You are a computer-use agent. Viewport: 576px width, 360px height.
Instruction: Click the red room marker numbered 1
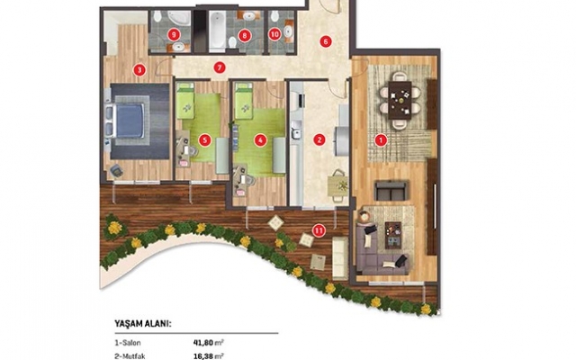[381, 140]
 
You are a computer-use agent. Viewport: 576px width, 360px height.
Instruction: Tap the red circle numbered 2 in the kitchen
[319, 139]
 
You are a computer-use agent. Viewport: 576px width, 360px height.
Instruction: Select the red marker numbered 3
[139, 70]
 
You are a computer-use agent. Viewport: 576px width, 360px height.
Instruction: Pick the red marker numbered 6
[326, 41]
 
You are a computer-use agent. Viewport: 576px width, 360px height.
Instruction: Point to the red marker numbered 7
[220, 68]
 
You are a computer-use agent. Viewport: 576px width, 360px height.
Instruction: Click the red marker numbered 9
[174, 35]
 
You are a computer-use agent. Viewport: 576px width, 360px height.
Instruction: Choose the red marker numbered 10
[274, 34]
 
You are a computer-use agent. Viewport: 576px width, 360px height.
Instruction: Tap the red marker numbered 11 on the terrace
[319, 230]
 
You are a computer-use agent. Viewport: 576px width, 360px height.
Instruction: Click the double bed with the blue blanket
[125, 121]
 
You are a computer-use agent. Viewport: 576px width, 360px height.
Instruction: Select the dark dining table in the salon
[400, 100]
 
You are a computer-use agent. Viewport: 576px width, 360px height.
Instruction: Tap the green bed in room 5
[185, 101]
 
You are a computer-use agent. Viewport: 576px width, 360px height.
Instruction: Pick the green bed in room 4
[244, 101]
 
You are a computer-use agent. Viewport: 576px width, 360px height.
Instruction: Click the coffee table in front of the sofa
[395, 235]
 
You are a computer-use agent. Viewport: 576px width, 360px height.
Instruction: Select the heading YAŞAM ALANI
[143, 324]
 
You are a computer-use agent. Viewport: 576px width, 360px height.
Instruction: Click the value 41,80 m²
[209, 343]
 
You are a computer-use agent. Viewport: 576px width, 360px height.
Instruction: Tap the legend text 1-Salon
[128, 343]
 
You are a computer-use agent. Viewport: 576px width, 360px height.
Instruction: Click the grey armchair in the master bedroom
[116, 170]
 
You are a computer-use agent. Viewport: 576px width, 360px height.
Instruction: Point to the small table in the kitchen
[338, 184]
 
